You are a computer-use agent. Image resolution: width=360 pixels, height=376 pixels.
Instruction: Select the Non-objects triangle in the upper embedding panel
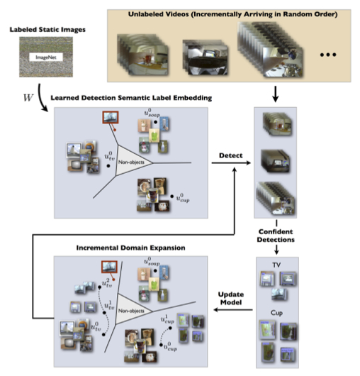(135, 162)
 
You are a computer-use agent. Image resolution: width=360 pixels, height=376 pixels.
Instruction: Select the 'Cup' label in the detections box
(279, 313)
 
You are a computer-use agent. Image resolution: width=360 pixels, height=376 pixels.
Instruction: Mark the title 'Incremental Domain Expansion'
(123, 249)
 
